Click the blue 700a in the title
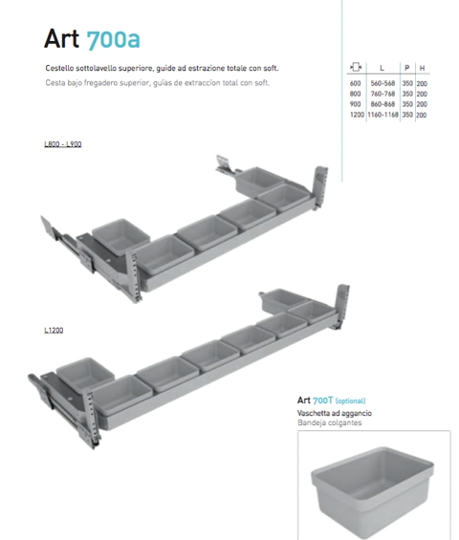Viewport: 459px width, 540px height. click(113, 39)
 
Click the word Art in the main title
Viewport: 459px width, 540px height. click(61, 38)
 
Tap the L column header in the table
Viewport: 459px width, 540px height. click(382, 68)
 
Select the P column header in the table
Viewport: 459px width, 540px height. click(407, 68)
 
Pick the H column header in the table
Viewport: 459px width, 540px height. click(422, 68)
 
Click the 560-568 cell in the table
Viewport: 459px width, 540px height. click(382, 83)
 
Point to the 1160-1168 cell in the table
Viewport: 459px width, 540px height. click(382, 115)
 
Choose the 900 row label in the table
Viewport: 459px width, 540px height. click(356, 104)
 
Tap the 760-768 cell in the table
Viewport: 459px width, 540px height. click(382, 94)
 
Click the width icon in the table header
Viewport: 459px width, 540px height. click(356, 67)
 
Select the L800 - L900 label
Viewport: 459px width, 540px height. click(63, 144)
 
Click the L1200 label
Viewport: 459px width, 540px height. click(54, 331)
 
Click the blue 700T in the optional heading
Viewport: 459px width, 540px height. click(323, 400)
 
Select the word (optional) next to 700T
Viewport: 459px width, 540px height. click(350, 400)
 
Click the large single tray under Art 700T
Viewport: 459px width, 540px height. click(372, 492)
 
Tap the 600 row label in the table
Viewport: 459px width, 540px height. click(356, 83)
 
